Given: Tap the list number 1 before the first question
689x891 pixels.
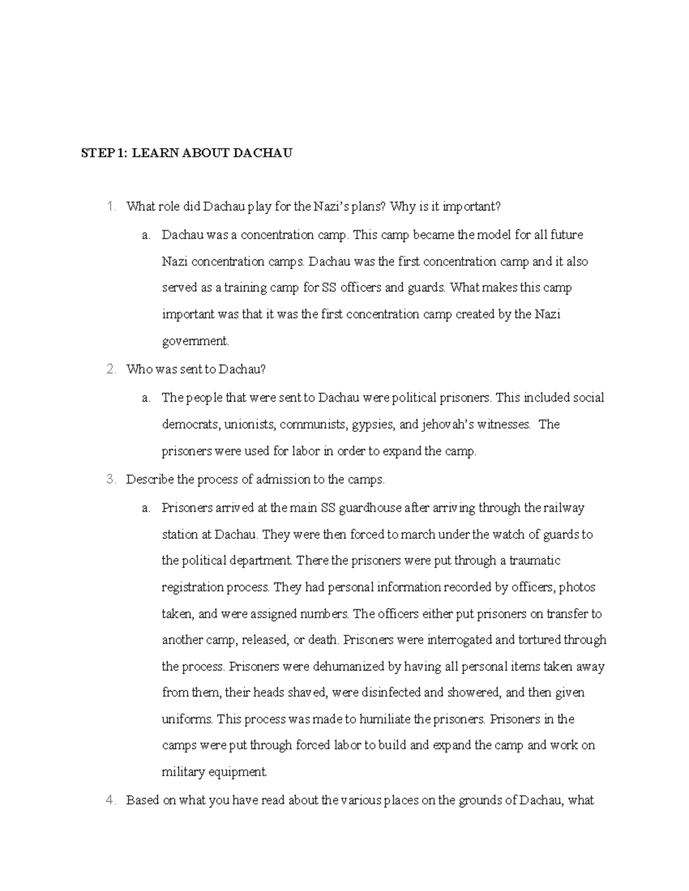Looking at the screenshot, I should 111,207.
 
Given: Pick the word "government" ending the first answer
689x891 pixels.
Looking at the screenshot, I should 195,341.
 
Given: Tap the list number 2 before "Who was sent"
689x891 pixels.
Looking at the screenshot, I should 111,369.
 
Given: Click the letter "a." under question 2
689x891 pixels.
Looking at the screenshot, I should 146,398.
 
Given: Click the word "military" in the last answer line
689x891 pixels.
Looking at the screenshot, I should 183,772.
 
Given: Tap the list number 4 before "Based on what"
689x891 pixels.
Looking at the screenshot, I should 111,800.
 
